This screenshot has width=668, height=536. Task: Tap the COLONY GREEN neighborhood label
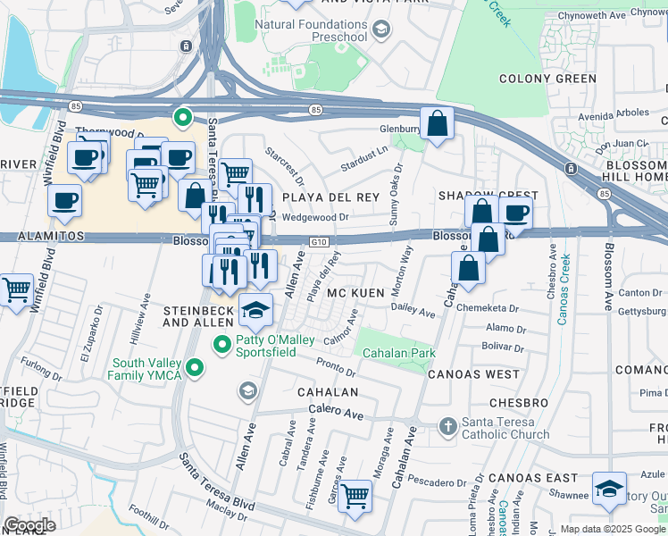547,79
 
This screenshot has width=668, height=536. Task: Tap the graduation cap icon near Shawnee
609,487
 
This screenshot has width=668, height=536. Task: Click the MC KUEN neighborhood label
355,293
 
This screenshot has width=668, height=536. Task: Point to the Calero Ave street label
337,414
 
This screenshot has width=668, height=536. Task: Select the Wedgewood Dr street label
313,217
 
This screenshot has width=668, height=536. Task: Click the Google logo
29,525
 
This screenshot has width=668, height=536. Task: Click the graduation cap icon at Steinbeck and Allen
255,308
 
